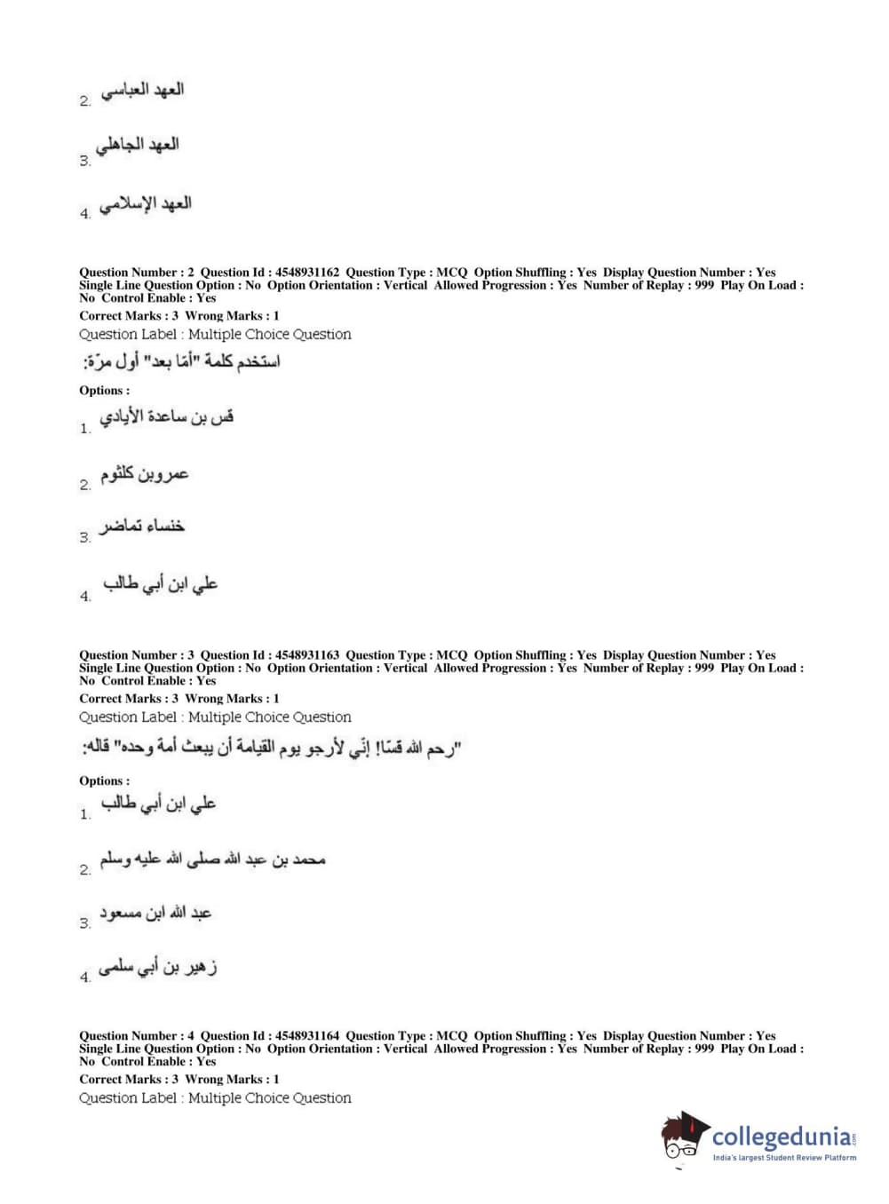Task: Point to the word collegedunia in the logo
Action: point(782,1137)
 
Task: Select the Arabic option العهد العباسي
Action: point(142,91)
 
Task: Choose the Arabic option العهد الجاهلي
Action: point(138,145)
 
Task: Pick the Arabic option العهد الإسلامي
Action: point(146,204)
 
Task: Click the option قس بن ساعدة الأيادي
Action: point(166,417)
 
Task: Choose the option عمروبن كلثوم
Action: point(144,474)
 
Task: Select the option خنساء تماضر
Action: point(142,527)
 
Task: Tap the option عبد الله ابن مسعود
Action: point(155,913)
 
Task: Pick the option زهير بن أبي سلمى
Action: point(158,967)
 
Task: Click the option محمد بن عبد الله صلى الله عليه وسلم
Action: point(212,859)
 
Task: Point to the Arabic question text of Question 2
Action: point(181,361)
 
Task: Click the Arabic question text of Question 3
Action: point(271,749)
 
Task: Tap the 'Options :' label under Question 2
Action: point(104,391)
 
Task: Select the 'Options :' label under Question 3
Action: point(104,781)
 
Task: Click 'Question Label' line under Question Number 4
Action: point(215,1098)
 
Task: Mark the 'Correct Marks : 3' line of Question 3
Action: point(129,699)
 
